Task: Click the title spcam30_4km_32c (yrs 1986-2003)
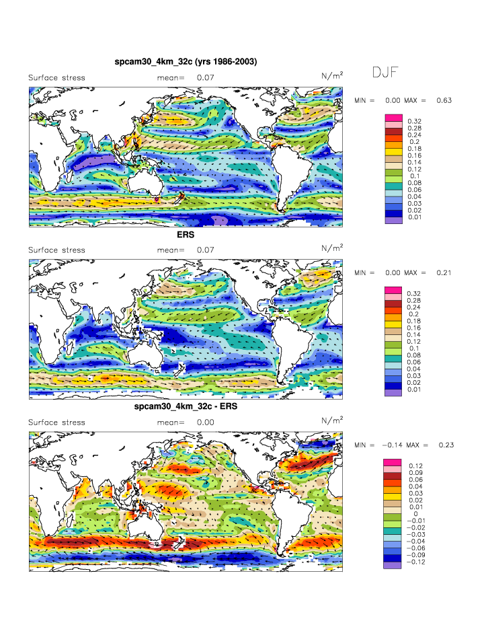[x=186, y=62]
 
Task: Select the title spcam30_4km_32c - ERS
[x=186, y=407]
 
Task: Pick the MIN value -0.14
[x=393, y=445]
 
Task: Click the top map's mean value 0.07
[x=206, y=78]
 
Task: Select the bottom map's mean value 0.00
[x=206, y=422]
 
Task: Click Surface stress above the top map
[x=56, y=78]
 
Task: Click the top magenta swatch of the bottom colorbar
[x=393, y=462]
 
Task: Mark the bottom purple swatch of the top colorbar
[x=393, y=220]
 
